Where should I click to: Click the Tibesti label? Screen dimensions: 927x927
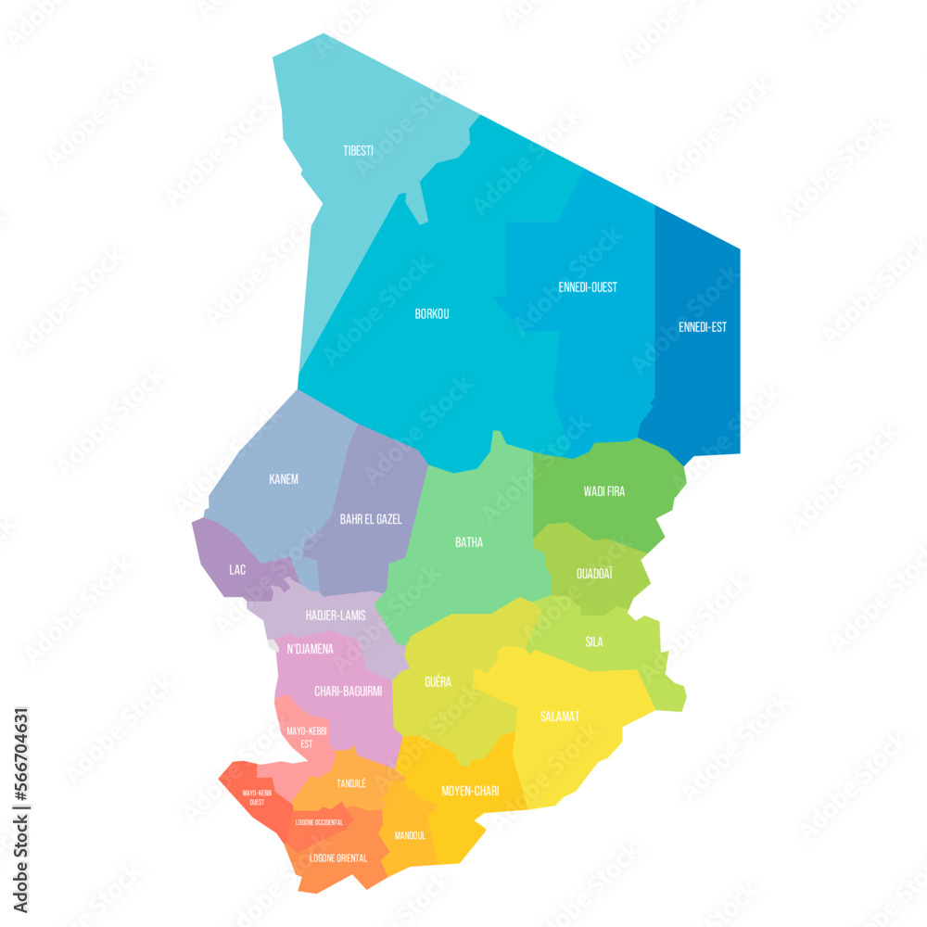click(x=358, y=150)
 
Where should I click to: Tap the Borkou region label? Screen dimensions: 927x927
click(x=432, y=314)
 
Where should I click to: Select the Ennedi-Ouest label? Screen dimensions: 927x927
click(x=588, y=287)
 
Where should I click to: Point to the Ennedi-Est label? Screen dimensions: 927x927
click(x=702, y=327)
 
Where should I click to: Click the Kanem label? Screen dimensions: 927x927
click(x=284, y=479)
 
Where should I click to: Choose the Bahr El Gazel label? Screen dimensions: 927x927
click(x=371, y=519)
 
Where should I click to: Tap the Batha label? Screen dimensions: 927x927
click(x=468, y=542)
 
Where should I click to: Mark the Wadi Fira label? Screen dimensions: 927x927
click(x=603, y=491)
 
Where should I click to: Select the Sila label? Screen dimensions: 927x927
click(x=594, y=641)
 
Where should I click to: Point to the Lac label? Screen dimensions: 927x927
click(x=237, y=569)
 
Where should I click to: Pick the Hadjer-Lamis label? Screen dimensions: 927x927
click(x=336, y=616)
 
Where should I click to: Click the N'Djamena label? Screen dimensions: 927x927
click(x=310, y=649)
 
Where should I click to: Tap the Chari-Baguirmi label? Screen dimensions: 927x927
click(x=348, y=691)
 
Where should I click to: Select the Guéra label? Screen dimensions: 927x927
click(x=438, y=682)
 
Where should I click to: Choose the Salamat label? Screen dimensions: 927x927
click(x=560, y=717)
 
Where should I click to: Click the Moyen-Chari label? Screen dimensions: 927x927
click(x=470, y=791)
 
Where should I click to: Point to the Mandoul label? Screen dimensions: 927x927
click(x=410, y=834)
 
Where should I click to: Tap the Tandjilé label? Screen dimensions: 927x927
click(x=350, y=783)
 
